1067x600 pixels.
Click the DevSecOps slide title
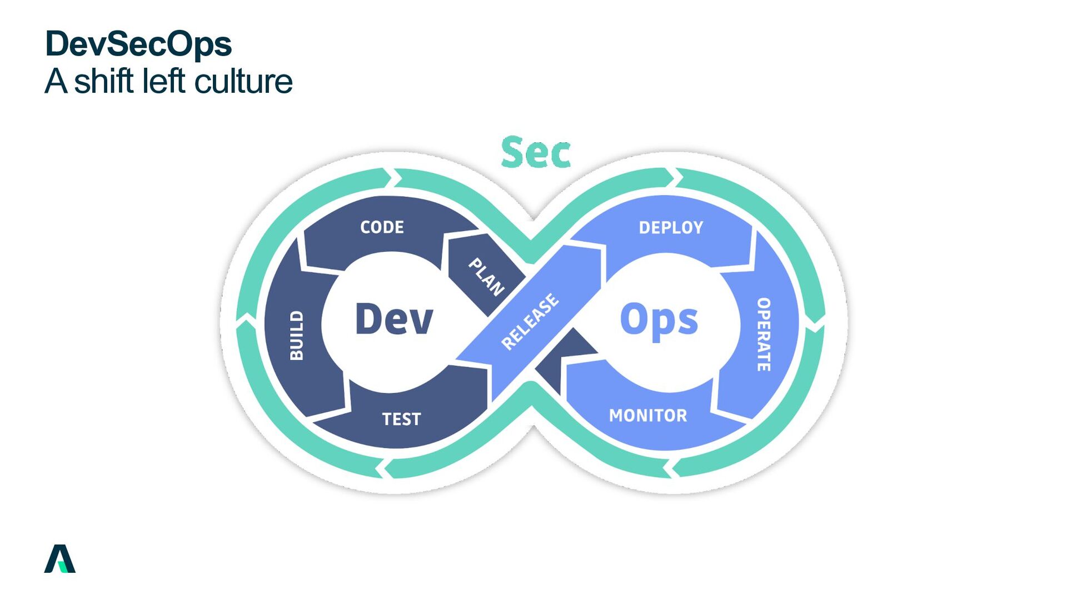coord(138,44)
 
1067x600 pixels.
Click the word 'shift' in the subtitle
coord(106,81)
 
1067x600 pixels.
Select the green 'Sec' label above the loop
coord(536,152)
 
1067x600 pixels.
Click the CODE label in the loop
coord(382,227)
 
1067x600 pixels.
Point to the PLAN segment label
coord(486,276)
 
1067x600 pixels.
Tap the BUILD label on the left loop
coord(297,336)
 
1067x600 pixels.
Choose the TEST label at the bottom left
coord(401,419)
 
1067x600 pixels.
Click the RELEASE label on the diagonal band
coord(530,322)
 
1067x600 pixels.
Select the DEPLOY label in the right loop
coord(671,228)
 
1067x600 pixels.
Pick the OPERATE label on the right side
coord(764,334)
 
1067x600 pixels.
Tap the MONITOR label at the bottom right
coord(648,416)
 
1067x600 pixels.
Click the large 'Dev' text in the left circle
coord(393,319)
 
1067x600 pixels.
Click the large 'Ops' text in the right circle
coord(659,321)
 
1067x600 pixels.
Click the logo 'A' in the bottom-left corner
coord(59,558)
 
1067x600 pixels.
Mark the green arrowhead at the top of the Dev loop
coord(390,178)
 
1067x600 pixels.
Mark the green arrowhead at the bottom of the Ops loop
coord(670,468)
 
